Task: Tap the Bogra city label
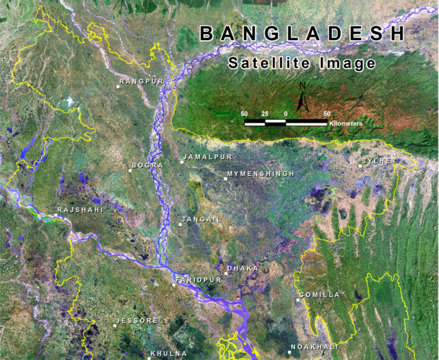pos(147,166)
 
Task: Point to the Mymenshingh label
pos(261,174)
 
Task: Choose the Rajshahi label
pos(80,210)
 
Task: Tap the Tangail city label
pos(201,219)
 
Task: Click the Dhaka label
pos(243,268)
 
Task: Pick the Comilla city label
pos(320,295)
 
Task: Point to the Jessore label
pos(137,321)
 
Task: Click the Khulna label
pos(169,354)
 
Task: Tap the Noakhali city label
pos(314,347)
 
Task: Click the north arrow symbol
pos(303,97)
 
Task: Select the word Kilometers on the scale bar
pos(346,123)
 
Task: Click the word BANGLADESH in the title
pos(302,34)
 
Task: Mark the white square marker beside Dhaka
pos(226,273)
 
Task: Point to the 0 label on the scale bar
pos(285,114)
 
